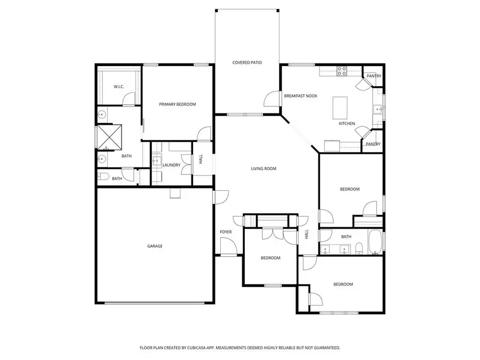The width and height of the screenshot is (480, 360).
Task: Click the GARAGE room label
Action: [x=155, y=246]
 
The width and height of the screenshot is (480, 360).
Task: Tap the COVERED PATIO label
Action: [x=247, y=62]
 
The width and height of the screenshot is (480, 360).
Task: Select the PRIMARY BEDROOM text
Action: [x=178, y=105]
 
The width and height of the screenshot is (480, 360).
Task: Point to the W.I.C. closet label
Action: [x=118, y=87]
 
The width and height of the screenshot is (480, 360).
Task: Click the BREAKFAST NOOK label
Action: [x=301, y=96]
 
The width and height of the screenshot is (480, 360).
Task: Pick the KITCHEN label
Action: [x=347, y=124]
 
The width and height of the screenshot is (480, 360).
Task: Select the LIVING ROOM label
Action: [x=263, y=169]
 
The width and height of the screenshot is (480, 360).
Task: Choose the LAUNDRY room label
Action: [x=171, y=165]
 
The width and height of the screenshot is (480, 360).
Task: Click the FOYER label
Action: [x=226, y=232]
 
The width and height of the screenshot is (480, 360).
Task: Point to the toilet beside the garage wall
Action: [x=103, y=178]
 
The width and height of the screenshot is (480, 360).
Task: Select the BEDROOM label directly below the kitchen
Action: [x=350, y=189]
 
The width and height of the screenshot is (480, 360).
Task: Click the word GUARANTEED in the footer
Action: [x=325, y=348]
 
